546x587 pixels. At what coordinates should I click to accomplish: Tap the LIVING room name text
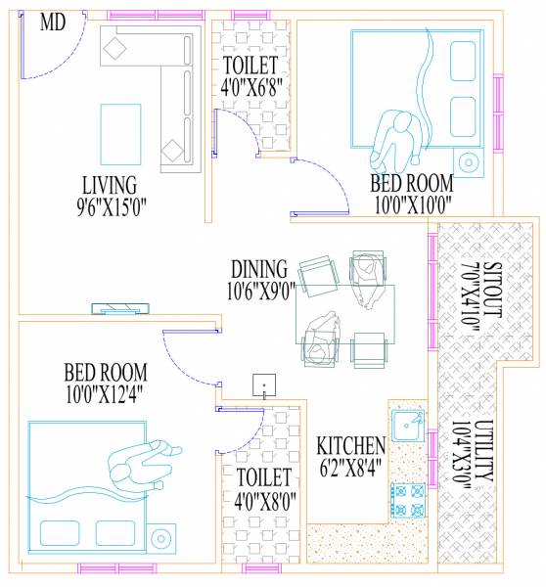pos(110,185)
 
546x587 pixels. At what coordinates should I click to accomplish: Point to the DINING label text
pos(258,268)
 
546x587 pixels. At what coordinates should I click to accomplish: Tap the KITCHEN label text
pos(350,446)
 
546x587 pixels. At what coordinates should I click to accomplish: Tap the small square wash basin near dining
pos(262,384)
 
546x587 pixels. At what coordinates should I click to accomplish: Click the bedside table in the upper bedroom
pos(468,161)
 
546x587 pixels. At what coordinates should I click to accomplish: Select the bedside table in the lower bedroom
pos(162,536)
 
